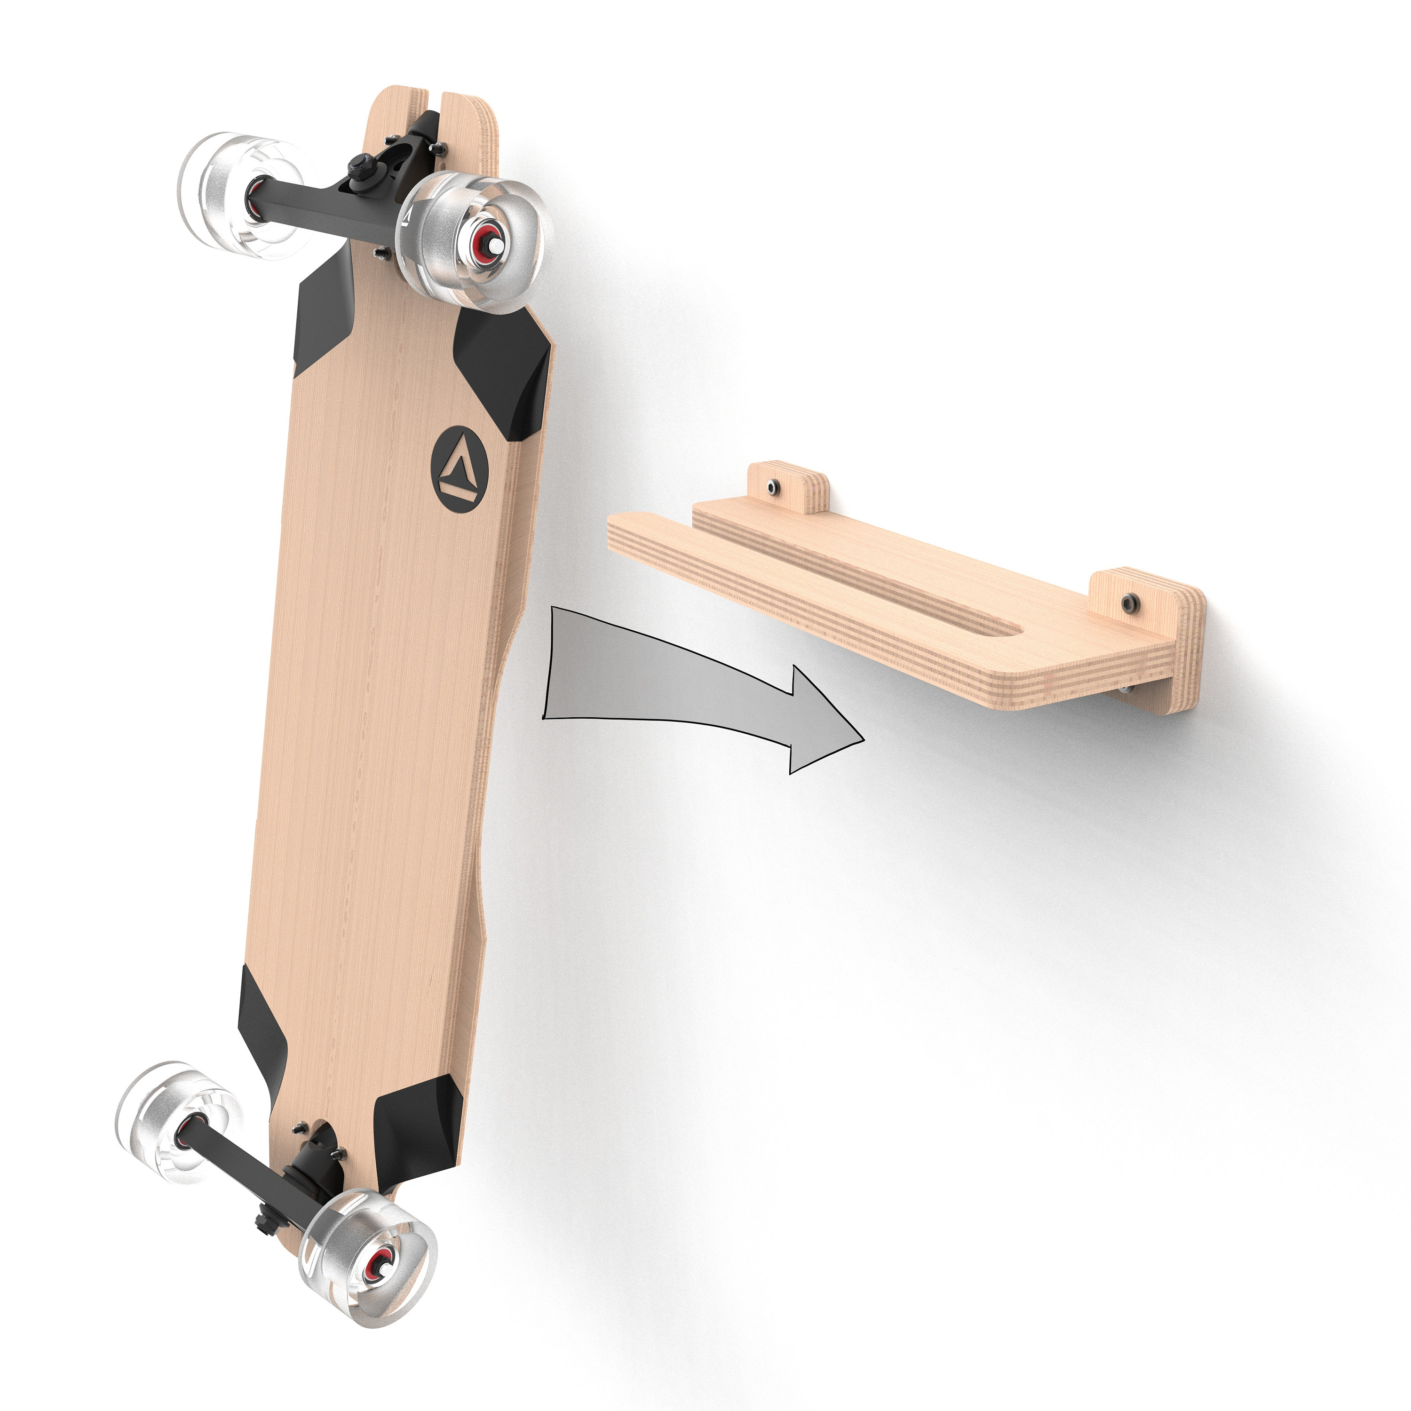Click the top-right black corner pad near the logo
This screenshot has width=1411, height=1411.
coord(504,373)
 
